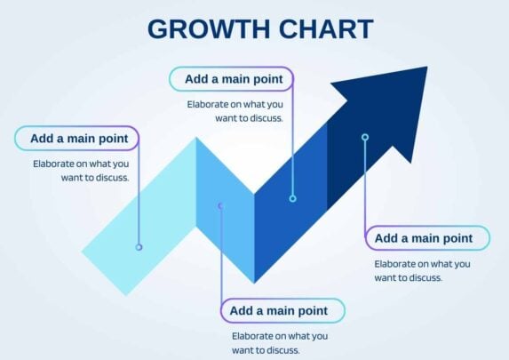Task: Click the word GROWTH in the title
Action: (209, 29)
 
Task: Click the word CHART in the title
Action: (326, 29)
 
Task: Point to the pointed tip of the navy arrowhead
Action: (427, 67)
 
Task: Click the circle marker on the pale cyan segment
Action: (139, 247)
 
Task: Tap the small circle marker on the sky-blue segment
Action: (220, 206)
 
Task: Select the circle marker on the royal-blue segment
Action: (293, 198)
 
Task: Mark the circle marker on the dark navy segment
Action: (365, 137)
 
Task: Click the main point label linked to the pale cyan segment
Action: (80, 139)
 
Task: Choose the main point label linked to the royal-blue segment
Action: (234, 79)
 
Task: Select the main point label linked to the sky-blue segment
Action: (279, 310)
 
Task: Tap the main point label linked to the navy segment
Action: (424, 238)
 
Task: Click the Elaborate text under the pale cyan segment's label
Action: (81, 171)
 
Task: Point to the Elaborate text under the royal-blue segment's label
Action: (235, 111)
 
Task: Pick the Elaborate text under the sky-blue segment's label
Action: (280, 343)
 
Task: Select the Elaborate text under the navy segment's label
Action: (422, 270)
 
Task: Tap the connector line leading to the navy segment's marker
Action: (365, 185)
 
